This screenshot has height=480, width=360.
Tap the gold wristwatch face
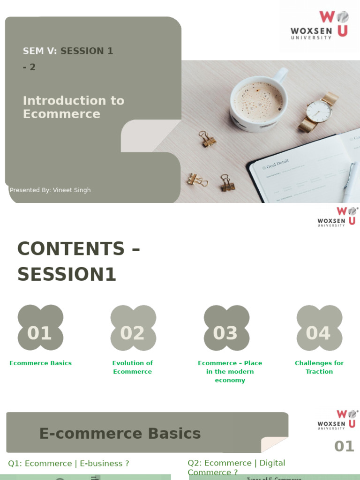coord(319,111)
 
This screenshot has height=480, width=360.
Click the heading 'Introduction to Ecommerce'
coord(74,107)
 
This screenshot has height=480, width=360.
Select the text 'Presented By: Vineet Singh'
coord(50,190)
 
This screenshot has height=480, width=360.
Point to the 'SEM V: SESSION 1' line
coord(68,51)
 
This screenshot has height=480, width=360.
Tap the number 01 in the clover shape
coord(39,333)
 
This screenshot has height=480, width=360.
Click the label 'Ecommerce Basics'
coord(41,363)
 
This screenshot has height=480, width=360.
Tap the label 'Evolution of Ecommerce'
coord(133,367)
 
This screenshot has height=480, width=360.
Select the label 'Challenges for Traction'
coord(319,367)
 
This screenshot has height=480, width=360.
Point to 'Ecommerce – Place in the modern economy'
coord(230,371)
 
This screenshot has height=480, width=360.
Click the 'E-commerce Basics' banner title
coord(120,434)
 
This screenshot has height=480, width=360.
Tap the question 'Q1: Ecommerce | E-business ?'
coord(68,464)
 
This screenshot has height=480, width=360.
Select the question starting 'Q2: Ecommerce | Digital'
coord(236,467)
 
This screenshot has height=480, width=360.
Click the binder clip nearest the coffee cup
coord(206,139)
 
